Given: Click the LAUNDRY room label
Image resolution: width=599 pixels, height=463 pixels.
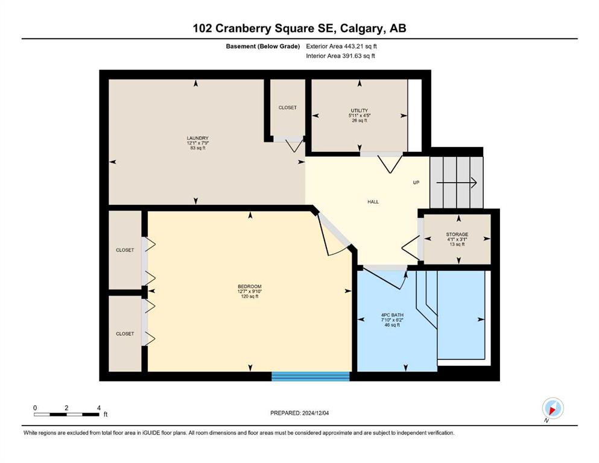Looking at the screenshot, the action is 197,138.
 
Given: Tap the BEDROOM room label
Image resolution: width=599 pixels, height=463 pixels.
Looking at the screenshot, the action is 250,286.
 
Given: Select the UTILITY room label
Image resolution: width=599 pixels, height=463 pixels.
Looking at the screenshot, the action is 359,111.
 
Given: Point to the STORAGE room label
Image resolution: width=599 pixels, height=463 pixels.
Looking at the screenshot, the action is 457,235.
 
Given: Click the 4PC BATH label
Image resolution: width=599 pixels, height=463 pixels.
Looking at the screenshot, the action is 392,315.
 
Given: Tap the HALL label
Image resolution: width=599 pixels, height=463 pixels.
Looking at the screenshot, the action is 373,202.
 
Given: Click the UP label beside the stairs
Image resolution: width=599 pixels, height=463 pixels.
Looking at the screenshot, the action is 416,183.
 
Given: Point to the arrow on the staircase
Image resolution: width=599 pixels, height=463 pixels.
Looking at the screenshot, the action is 457,183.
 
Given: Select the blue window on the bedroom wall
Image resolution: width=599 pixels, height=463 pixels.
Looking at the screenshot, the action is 311,376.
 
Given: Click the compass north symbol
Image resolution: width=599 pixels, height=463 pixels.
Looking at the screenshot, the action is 553,409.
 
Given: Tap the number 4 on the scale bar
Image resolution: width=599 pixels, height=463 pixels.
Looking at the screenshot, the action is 99,408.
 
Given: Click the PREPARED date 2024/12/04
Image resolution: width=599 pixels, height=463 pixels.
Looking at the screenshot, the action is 315,413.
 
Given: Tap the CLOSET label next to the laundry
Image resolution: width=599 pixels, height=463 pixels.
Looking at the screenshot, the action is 287,108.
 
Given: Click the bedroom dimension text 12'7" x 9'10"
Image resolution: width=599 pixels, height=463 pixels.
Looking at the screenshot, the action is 250,292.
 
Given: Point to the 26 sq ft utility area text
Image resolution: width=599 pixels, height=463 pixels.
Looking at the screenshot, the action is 359,120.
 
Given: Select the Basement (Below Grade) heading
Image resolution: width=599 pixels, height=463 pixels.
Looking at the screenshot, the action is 263,46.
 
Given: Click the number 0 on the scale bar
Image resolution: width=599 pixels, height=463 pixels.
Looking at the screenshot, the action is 35,408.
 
